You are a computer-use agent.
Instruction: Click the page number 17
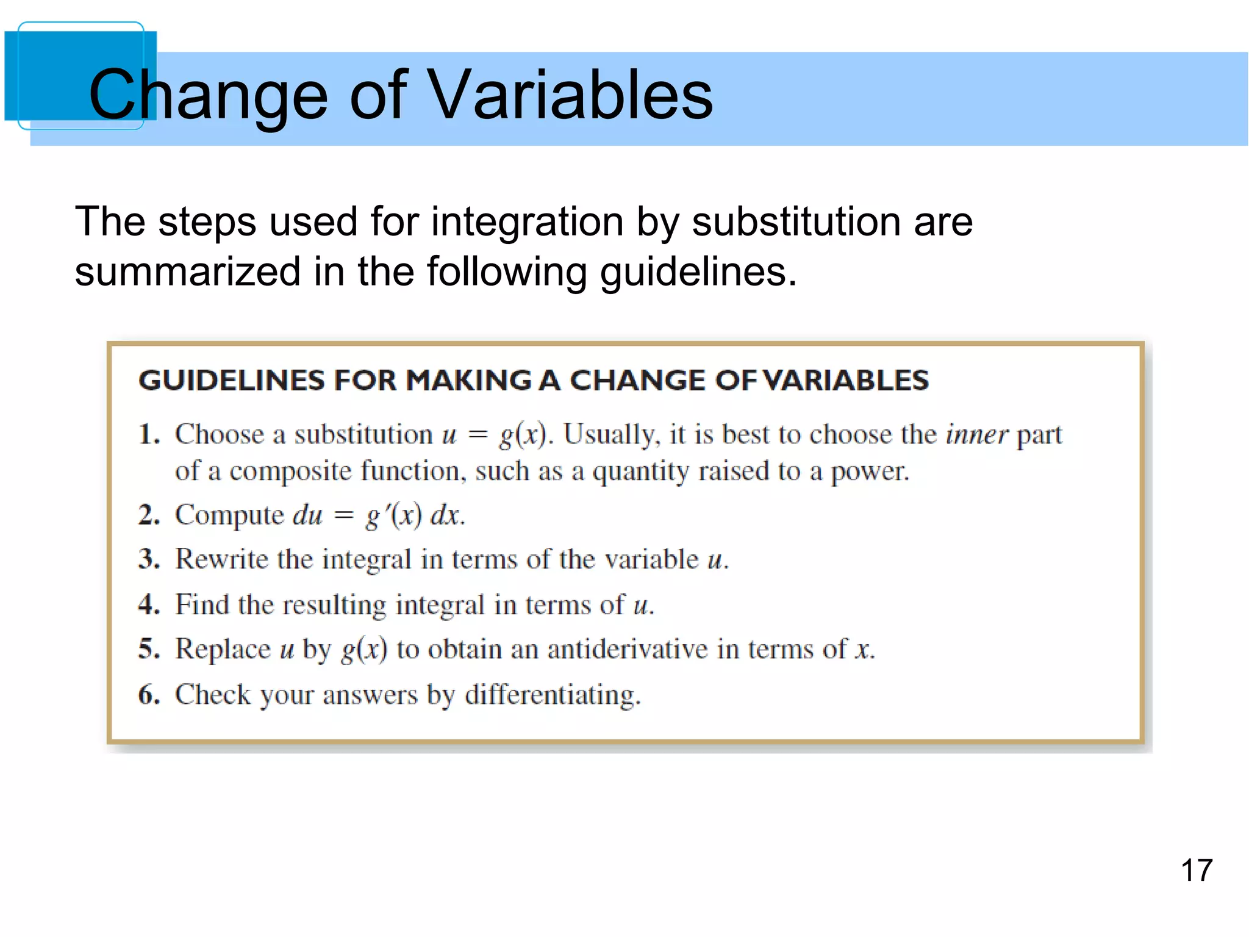tap(1197, 871)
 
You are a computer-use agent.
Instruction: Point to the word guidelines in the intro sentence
tap(698, 272)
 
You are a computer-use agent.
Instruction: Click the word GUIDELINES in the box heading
tap(231, 381)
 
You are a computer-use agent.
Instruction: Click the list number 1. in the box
tap(149, 435)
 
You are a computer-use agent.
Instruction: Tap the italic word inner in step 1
tap(976, 435)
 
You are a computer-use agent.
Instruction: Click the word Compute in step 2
tap(229, 515)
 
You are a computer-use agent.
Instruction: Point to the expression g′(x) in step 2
tap(393, 516)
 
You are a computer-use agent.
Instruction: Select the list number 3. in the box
tap(149, 559)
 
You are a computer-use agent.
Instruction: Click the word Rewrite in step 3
tap(221, 559)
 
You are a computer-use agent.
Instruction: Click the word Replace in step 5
tap(223, 649)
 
